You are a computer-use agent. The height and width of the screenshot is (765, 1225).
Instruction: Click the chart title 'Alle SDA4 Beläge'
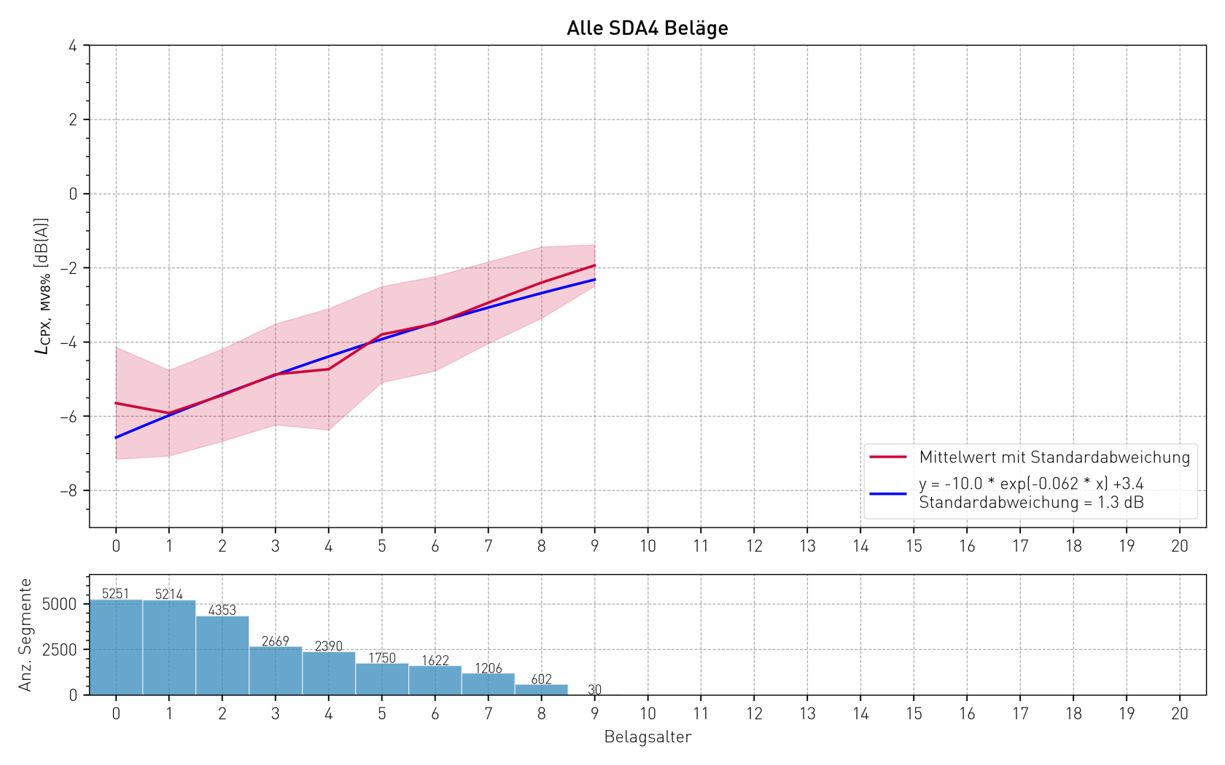(647, 28)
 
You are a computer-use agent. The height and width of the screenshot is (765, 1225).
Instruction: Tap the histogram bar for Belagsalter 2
(222, 656)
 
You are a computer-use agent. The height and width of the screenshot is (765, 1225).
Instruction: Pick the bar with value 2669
(276, 671)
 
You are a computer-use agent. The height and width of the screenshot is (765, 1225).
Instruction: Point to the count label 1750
(382, 658)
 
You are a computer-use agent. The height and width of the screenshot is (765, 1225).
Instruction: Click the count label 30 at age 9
(595, 689)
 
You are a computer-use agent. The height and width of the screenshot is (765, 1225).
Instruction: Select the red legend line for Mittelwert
(888, 457)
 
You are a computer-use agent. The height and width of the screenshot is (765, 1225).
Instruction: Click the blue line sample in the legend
(888, 493)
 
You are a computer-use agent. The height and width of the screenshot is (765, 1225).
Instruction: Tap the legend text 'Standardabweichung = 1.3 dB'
(1031, 503)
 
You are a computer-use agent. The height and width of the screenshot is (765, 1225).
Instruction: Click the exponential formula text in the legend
(1031, 484)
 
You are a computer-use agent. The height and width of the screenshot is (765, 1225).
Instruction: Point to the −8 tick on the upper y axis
(69, 491)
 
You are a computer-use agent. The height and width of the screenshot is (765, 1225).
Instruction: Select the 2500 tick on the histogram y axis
(59, 650)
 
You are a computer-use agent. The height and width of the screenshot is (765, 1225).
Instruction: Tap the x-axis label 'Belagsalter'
(647, 737)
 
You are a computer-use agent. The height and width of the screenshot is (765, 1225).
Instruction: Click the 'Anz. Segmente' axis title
(26, 635)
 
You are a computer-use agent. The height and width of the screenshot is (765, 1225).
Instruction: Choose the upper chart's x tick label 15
(914, 546)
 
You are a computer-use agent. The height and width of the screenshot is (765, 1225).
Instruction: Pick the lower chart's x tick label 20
(1180, 714)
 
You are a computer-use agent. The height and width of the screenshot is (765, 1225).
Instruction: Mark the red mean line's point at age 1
(169, 413)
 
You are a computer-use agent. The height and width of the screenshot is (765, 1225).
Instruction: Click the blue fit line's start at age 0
(116, 437)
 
